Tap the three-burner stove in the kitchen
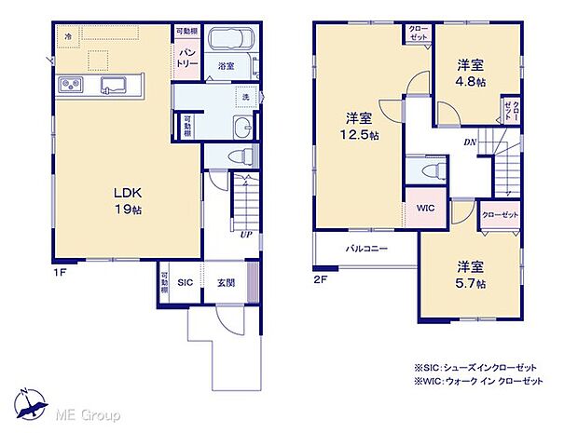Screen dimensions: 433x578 [x=71, y=88]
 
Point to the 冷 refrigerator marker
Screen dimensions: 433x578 [x=67, y=36]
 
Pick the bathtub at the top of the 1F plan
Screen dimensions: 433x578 [x=231, y=42]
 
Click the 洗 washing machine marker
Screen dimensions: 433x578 [x=247, y=98]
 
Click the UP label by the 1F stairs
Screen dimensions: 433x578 [x=245, y=234]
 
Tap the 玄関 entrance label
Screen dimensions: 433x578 [x=227, y=283]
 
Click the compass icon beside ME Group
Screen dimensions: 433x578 [x=33, y=402]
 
